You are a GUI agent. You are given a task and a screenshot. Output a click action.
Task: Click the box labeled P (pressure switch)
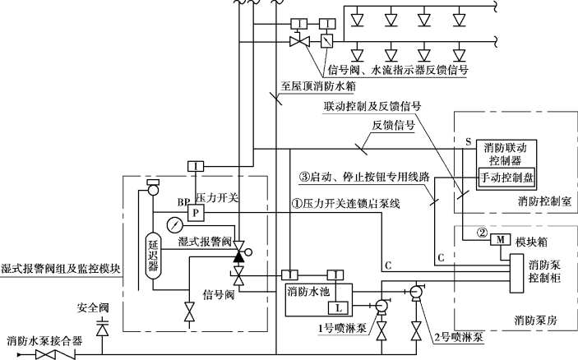click(197, 213)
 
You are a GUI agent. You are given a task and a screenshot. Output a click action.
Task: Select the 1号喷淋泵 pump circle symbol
click(383, 307)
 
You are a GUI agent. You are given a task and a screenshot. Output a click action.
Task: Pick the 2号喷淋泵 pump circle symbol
click(415, 290)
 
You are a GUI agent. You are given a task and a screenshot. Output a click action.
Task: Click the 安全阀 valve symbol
click(103, 330)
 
